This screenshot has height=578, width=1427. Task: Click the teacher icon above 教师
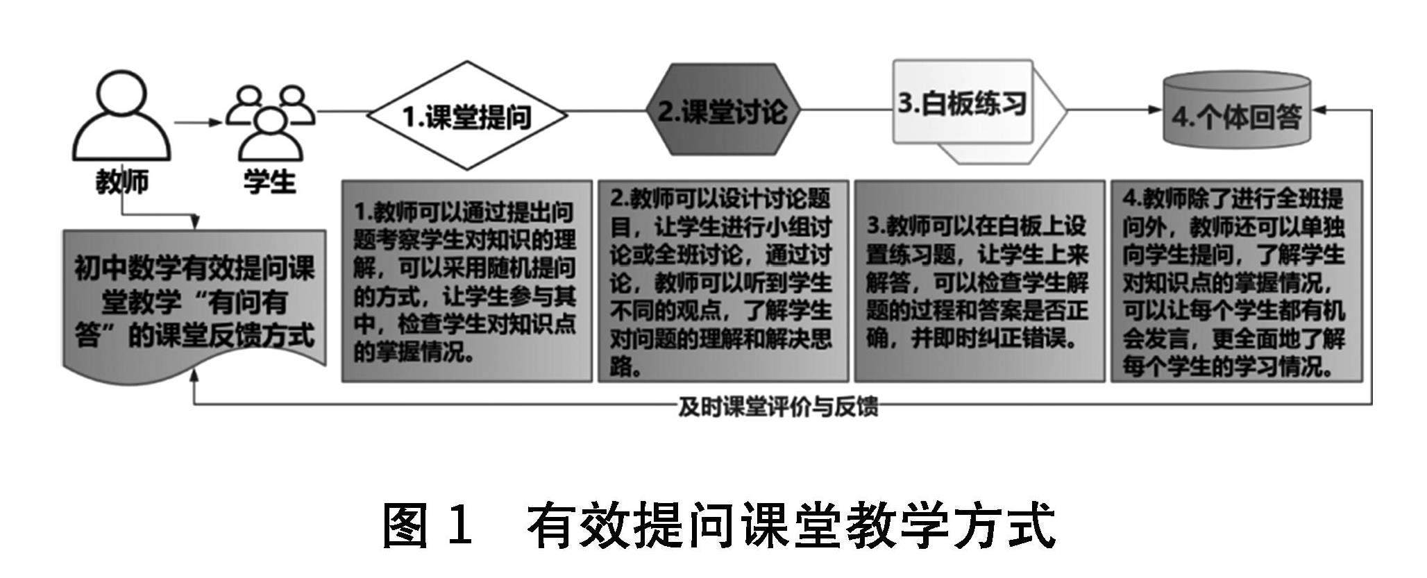[122, 117]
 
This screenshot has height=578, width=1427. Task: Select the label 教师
[122, 182]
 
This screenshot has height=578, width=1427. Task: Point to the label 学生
[270, 182]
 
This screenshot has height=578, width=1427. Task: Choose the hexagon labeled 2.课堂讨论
[722, 110]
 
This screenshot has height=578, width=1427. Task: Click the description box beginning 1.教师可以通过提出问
[466, 281]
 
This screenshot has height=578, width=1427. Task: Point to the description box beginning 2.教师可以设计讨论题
[723, 281]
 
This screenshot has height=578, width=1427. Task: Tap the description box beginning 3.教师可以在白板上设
[979, 281]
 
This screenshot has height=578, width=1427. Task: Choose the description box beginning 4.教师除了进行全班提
[1235, 281]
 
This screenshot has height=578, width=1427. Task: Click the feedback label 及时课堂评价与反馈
[777, 407]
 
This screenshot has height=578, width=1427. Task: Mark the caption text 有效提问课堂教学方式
[791, 525]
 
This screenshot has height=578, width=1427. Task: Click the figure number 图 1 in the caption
[427, 525]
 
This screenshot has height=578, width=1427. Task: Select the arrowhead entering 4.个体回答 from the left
[1155, 110]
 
